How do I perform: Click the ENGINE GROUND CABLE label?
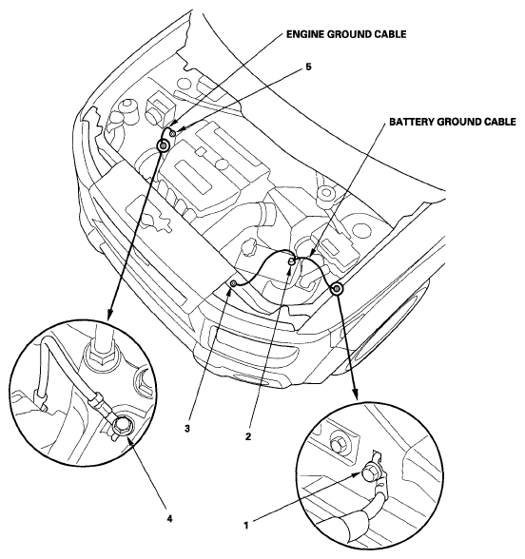346,34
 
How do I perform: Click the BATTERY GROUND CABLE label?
453,122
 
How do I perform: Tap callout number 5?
308,67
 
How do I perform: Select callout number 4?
169,518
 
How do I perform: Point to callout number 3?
187,428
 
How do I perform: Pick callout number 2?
248,436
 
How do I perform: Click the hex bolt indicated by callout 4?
122,426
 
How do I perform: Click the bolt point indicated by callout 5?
173,133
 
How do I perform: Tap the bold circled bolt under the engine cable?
164,145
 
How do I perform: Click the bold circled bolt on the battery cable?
337,288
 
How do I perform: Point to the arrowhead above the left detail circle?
110,314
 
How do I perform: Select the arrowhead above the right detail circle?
355,393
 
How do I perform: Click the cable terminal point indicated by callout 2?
292,261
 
